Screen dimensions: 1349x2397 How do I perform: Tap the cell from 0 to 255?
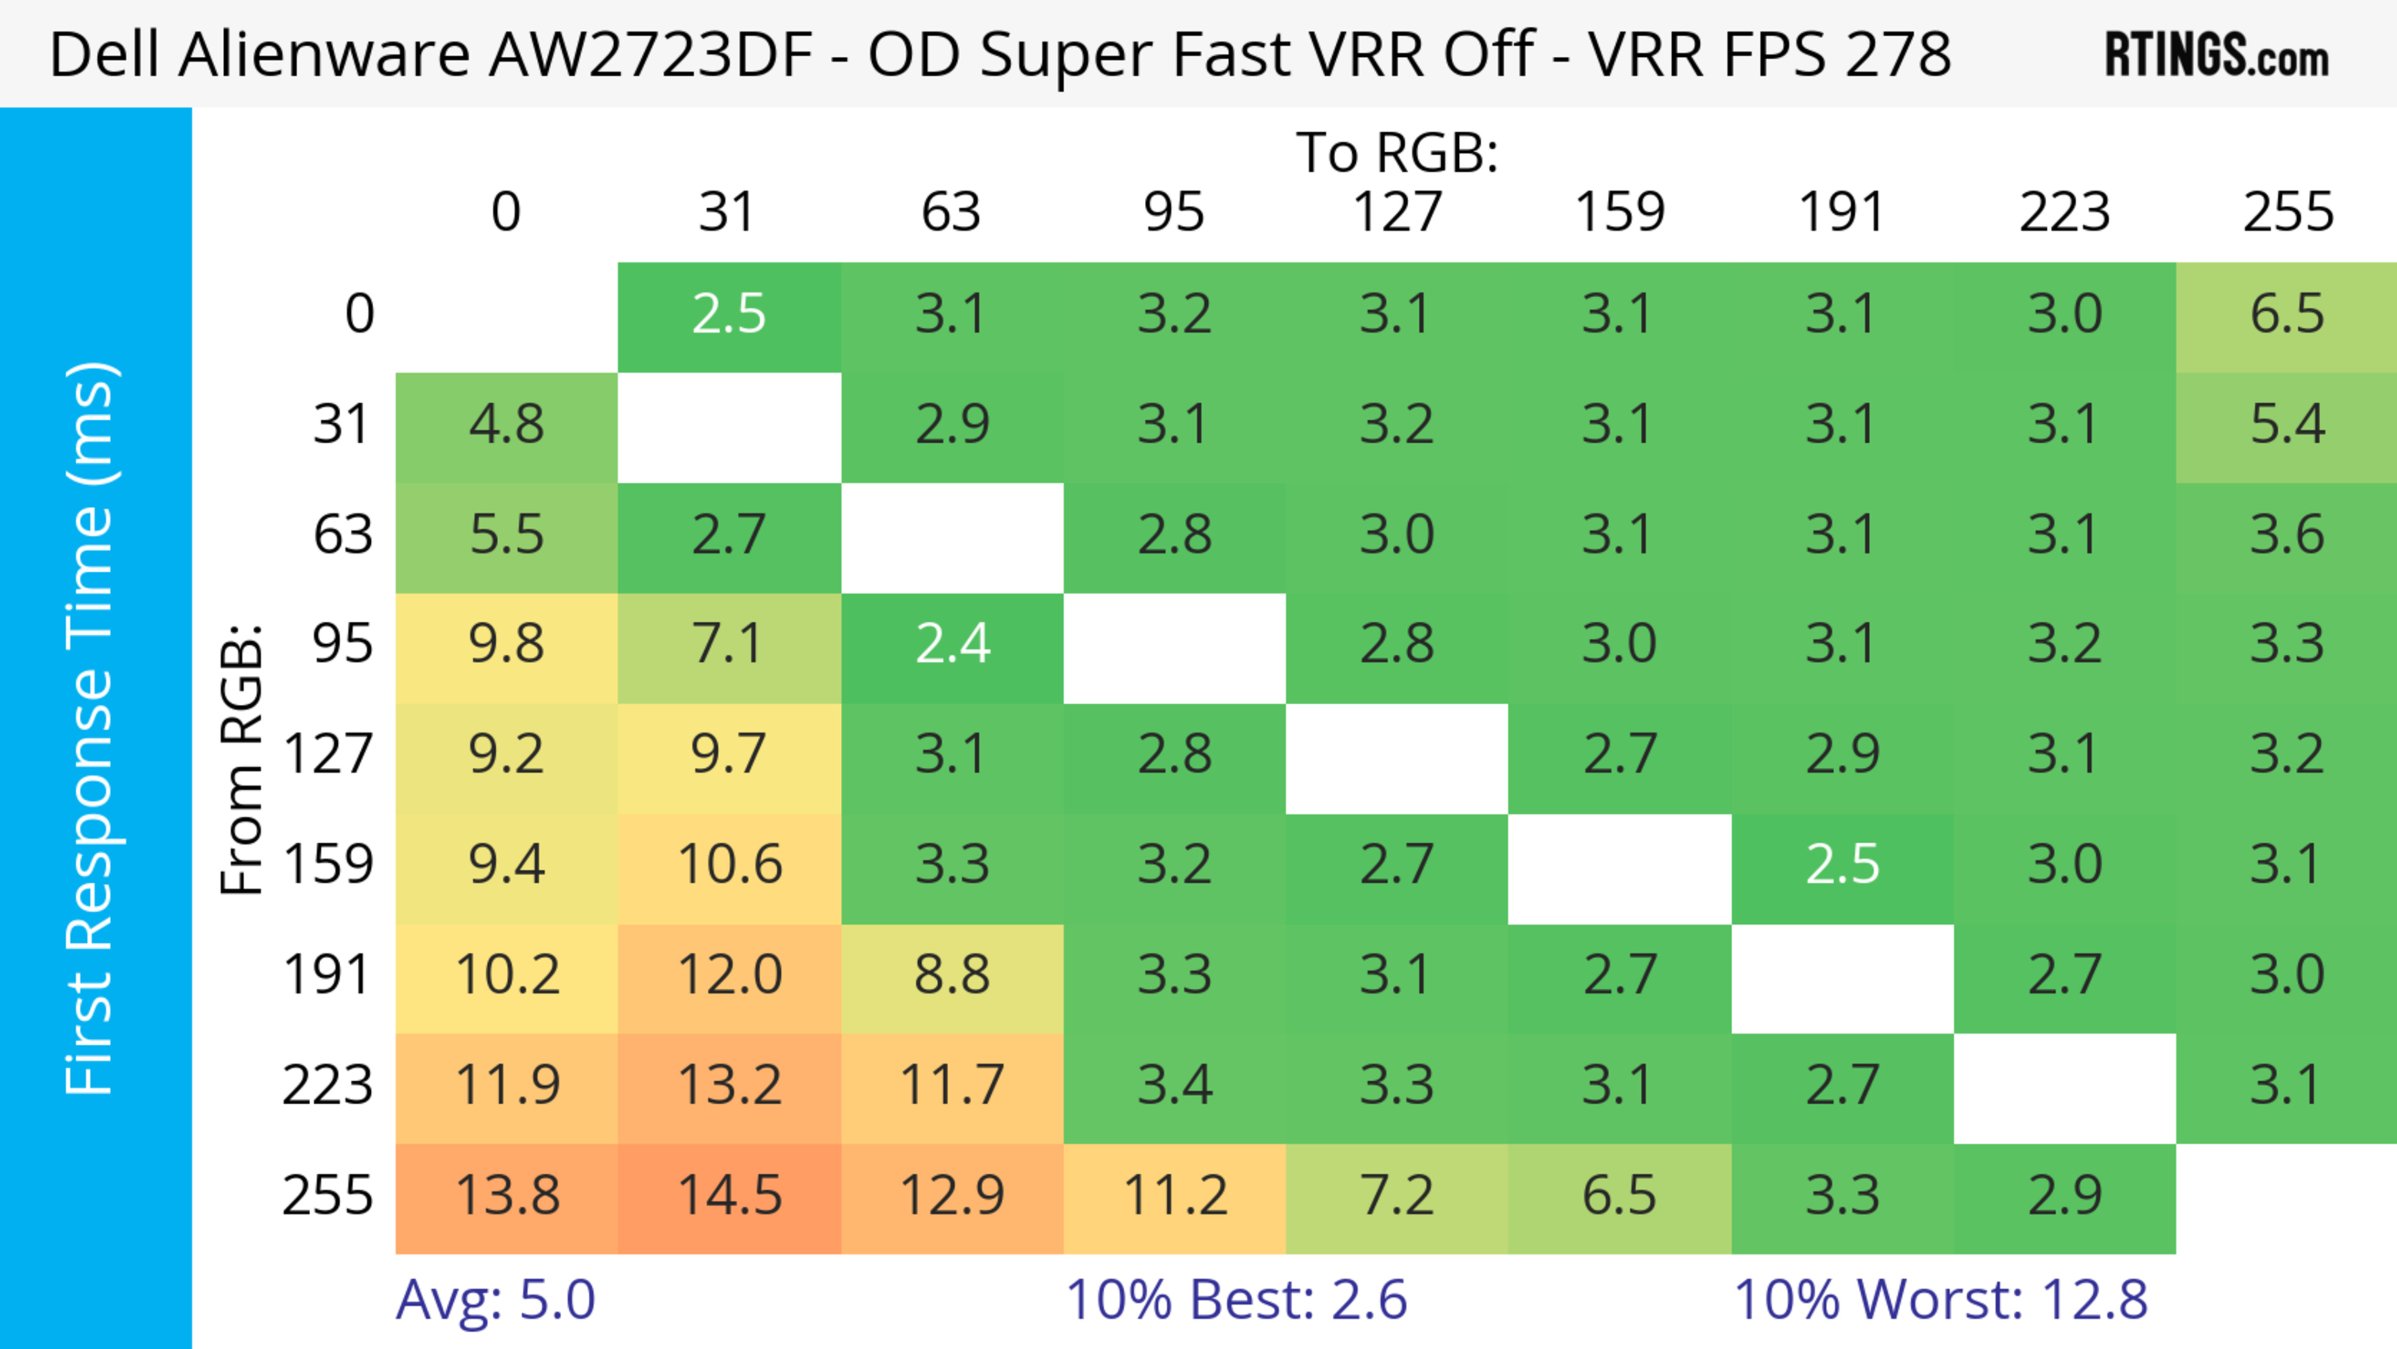[x=2287, y=315]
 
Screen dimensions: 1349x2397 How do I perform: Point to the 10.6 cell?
[x=730, y=865]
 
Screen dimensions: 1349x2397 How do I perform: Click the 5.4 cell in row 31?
[x=2287, y=425]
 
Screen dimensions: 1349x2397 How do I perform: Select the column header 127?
[x=1397, y=212]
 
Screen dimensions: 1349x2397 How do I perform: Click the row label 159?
[x=328, y=865]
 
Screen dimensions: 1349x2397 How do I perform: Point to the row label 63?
[x=343, y=535]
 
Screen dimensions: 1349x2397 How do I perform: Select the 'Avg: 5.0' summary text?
[x=495, y=1300]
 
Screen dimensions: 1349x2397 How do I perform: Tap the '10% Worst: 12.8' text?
[x=1940, y=1300]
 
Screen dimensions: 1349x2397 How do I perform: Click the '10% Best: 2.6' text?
[x=1236, y=1300]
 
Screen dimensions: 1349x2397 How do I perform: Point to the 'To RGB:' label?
[x=1397, y=152]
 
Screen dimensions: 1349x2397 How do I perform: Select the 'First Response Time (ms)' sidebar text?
[x=91, y=727]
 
